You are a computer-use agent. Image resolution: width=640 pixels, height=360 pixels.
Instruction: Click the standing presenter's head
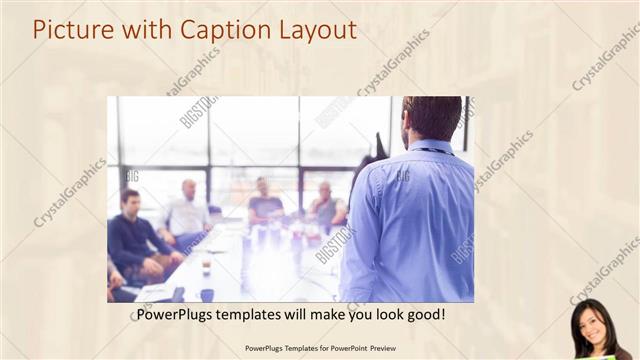tap(430, 118)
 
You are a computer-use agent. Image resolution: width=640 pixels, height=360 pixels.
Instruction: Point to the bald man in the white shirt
tap(187, 212)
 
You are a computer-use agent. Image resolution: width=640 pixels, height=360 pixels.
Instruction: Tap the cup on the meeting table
tap(206, 266)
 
